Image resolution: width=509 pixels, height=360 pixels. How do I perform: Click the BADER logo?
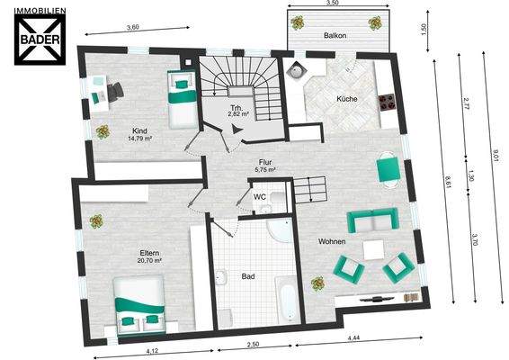point(40,36)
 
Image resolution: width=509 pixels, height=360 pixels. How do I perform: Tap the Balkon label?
point(335,35)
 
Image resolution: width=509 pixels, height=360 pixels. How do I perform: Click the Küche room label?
point(347,99)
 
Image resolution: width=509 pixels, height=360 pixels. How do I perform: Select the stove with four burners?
point(388,102)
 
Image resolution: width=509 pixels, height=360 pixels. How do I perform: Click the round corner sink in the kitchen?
point(296,71)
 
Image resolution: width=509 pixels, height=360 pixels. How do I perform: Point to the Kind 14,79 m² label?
point(140,134)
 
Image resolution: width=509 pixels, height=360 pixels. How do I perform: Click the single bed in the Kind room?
point(183,99)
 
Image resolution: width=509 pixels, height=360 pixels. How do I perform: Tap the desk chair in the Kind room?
point(115,91)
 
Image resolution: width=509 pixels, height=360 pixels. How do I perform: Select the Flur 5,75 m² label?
point(265,166)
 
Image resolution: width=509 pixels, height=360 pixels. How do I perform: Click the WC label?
point(260,197)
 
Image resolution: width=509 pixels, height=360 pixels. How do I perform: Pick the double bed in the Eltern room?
point(139,305)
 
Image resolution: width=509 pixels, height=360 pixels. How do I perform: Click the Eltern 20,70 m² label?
point(149,256)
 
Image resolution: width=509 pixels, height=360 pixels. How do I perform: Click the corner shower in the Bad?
point(281,230)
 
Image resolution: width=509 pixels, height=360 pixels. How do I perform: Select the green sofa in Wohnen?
point(372,220)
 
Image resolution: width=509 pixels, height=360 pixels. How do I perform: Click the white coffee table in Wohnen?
point(373,250)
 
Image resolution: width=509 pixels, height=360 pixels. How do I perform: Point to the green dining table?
point(388,169)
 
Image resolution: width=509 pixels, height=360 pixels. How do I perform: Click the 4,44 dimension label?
point(353,337)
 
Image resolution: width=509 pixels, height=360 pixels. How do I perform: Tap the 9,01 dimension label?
point(496,156)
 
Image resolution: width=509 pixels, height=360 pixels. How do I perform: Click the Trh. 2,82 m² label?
point(238,111)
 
